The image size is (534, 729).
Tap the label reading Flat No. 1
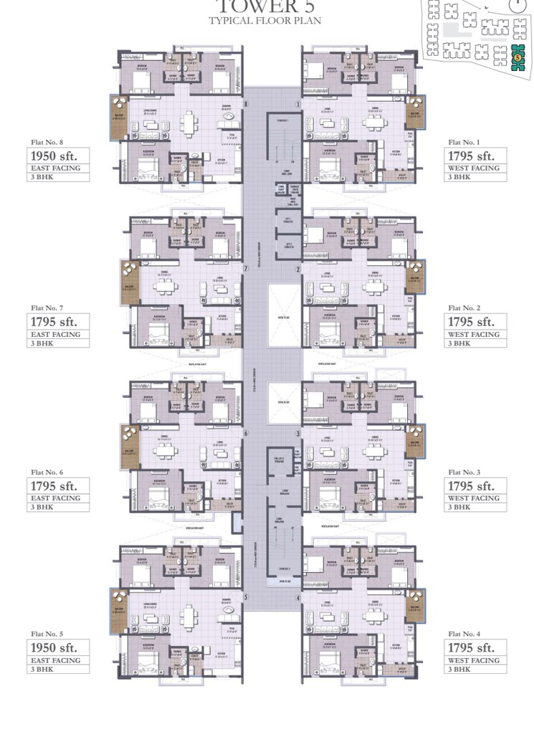pyautogui.click(x=464, y=143)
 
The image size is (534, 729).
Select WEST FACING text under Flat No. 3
pyautogui.click(x=474, y=498)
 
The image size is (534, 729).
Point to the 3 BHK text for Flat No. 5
pyautogui.click(x=40, y=669)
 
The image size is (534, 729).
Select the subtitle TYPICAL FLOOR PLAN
pyautogui.click(x=265, y=21)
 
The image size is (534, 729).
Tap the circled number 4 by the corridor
pyautogui.click(x=298, y=597)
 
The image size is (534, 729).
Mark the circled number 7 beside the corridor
pyautogui.click(x=245, y=269)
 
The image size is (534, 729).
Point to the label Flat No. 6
pyautogui.click(x=47, y=472)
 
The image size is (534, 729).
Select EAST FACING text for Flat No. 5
pyautogui.click(x=54, y=660)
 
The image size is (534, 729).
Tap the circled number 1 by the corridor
pyautogui.click(x=298, y=104)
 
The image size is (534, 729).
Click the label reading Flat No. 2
pyautogui.click(x=464, y=308)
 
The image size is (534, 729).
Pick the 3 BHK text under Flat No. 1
pyautogui.click(x=459, y=177)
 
